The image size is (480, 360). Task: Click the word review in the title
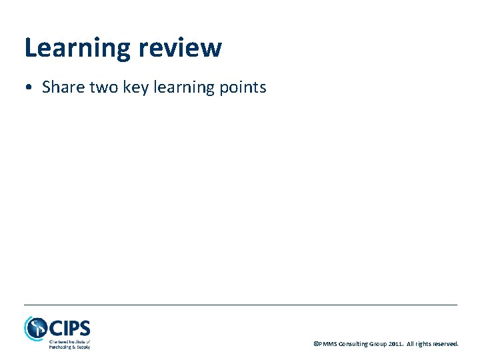click(x=181, y=48)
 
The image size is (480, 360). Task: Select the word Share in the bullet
click(x=62, y=87)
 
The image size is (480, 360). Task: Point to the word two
click(x=103, y=87)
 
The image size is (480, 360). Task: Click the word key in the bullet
click(x=136, y=88)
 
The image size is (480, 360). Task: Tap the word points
click(x=243, y=88)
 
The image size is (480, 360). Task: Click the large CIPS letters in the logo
click(x=69, y=328)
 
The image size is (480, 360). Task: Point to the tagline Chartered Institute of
click(x=69, y=342)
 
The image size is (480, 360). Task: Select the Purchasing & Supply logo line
click(x=69, y=347)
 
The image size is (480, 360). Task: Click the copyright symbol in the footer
click(x=315, y=344)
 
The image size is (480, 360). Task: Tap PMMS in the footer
click(x=327, y=344)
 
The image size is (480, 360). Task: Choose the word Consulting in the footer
click(x=353, y=344)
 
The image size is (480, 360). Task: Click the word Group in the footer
click(x=379, y=344)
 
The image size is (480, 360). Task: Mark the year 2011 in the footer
click(x=397, y=344)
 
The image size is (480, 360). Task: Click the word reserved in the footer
click(x=446, y=344)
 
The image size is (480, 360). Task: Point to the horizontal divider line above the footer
click(x=240, y=305)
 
